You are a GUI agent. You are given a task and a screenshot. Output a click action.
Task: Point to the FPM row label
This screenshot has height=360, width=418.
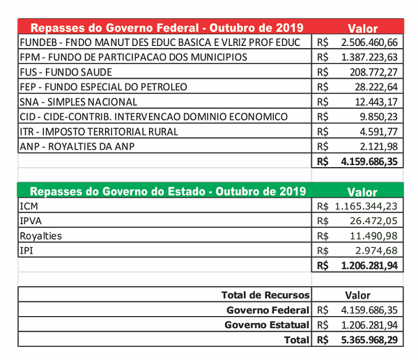134,57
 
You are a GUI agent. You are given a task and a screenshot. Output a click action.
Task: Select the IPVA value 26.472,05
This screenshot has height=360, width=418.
377,221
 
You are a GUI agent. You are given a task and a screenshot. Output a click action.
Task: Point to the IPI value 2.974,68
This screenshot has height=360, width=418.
380,251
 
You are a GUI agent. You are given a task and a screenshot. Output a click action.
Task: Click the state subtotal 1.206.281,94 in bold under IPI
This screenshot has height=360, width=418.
369,265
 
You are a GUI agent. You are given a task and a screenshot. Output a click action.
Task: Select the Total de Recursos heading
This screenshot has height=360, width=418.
265,295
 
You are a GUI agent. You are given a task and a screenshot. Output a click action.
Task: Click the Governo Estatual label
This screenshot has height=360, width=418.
267,325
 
